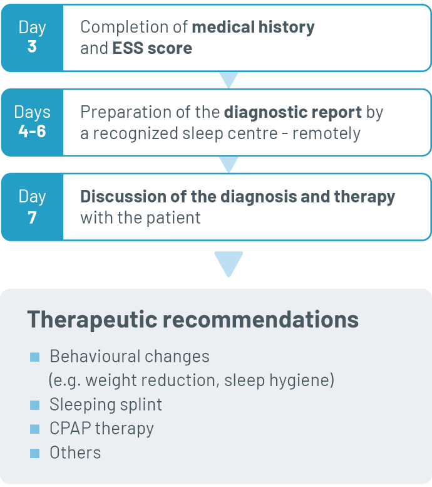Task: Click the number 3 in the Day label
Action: [x=32, y=46]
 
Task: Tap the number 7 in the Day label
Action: [x=33, y=217]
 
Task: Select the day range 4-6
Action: [x=33, y=131]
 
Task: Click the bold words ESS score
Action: [x=152, y=48]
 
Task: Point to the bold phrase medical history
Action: [x=253, y=28]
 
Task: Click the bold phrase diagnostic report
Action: [x=293, y=112]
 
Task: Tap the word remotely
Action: [x=326, y=134]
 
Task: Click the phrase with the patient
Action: [x=141, y=217]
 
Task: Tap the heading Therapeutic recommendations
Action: [x=193, y=319]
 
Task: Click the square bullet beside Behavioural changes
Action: [x=35, y=357]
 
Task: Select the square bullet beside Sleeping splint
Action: [x=35, y=405]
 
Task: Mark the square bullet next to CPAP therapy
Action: [x=35, y=429]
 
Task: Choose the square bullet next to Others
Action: [x=35, y=453]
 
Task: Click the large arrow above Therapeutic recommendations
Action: [x=229, y=263]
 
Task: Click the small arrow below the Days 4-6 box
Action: [x=229, y=164]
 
